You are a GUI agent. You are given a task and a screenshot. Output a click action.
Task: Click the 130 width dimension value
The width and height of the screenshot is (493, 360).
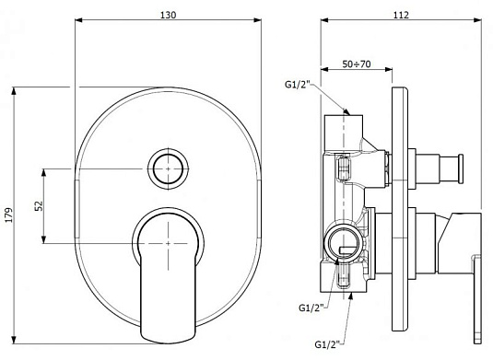pos(169,15)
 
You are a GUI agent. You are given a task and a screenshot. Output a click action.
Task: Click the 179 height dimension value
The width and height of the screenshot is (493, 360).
pos(9,215)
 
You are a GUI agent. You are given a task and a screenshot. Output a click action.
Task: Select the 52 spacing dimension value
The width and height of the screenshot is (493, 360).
pos(39,206)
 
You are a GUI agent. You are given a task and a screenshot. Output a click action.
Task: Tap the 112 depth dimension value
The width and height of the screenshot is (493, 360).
pos(401,15)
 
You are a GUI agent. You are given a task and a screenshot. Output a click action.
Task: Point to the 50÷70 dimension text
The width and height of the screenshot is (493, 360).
pos(357,64)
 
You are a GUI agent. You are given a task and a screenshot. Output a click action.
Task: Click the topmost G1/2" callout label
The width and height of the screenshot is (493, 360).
pos(298,85)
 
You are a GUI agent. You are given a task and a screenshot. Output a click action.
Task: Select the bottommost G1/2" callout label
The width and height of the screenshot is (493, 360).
pos(328,344)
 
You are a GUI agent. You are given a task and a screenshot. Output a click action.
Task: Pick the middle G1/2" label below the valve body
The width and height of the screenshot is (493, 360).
pos(311,308)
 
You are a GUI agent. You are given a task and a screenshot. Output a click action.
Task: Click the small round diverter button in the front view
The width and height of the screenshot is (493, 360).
pos(169,169)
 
